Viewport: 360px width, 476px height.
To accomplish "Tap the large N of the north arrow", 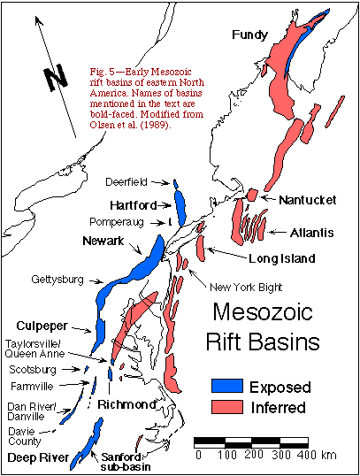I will coord(57,79).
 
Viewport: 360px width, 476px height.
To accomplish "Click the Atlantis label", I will coord(311,233).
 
